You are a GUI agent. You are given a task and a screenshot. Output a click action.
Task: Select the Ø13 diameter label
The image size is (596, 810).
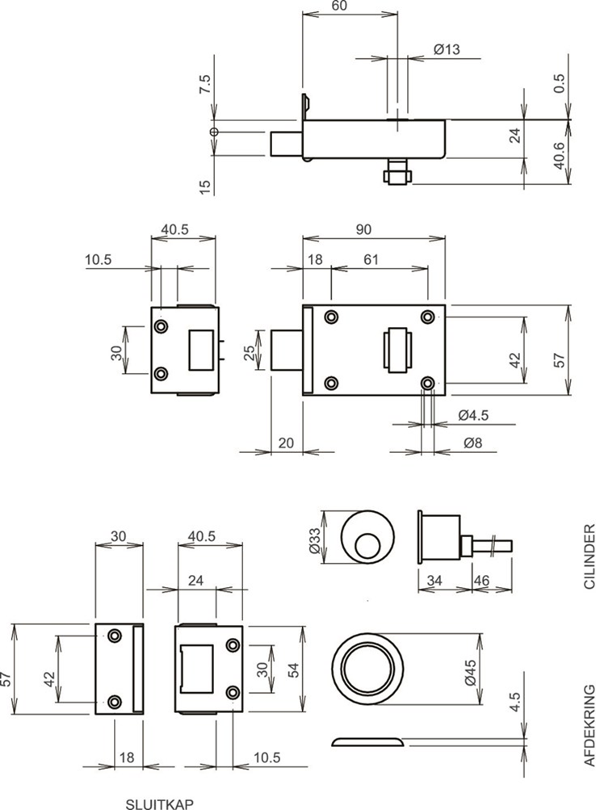446,50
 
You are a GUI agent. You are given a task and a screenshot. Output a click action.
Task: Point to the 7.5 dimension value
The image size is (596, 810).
205,85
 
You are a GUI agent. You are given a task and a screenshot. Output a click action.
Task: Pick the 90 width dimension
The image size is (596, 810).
363,230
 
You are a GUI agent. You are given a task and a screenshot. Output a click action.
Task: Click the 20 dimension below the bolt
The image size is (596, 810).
286,443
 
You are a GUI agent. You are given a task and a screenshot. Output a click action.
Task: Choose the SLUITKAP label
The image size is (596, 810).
159,803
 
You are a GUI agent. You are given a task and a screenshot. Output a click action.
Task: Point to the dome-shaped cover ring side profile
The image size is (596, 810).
368,741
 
